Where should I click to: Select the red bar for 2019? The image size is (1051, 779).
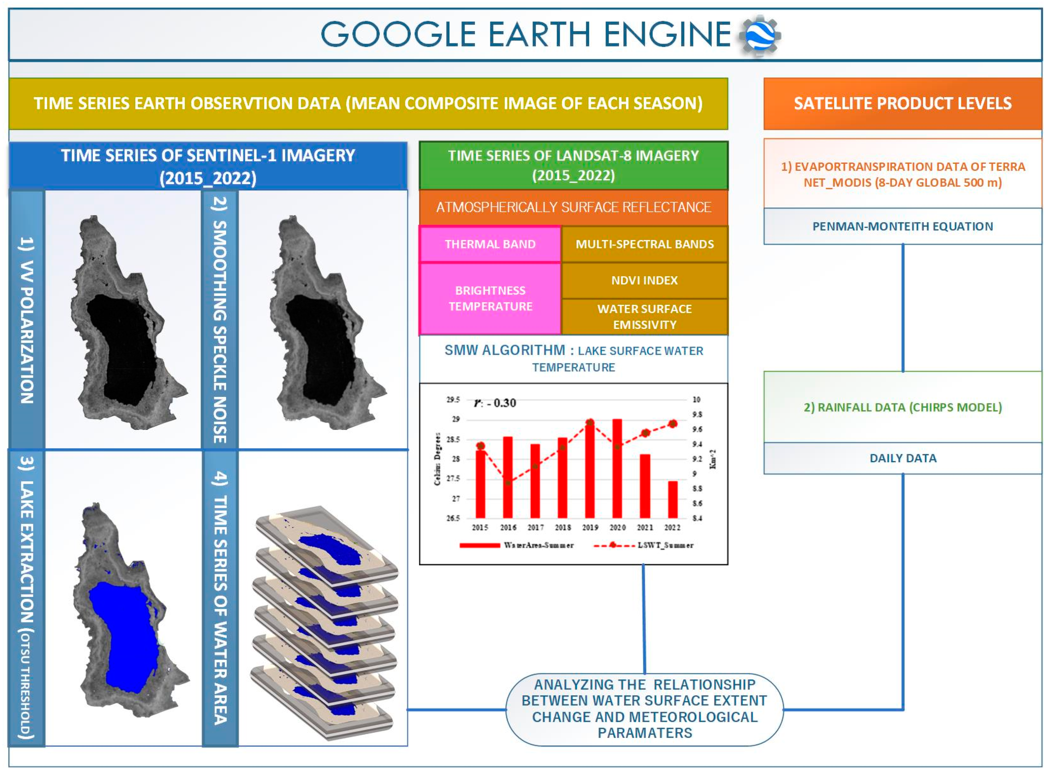[x=590, y=472]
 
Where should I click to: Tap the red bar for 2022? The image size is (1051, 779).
[x=673, y=500]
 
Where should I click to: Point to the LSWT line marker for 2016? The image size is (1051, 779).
[x=508, y=482]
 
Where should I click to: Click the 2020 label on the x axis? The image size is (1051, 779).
[x=617, y=528]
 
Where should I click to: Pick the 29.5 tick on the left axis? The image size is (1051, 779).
[x=453, y=400]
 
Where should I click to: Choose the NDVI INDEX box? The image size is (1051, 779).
[x=644, y=281]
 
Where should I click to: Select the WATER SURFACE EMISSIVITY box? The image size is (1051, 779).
[x=644, y=317]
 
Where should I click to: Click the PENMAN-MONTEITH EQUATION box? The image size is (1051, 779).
[x=903, y=226]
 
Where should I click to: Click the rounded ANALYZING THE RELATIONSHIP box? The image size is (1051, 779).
[x=644, y=709]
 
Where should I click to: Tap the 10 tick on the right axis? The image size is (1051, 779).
[x=697, y=400]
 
